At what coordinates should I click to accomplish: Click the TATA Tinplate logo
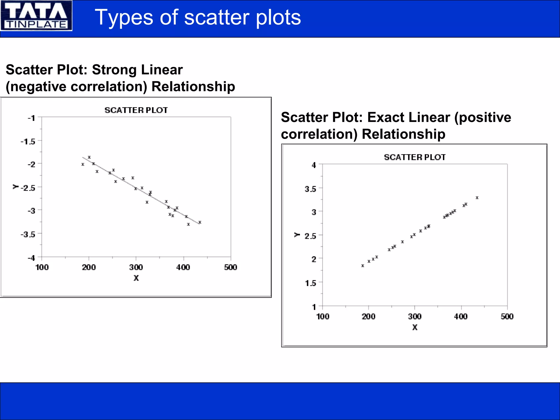coord(36,15)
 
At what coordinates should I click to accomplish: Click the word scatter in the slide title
coord(217,17)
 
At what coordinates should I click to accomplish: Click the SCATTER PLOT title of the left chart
coord(136,110)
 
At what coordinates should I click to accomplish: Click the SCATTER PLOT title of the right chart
coord(415,157)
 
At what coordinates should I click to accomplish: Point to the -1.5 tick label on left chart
coord(28,142)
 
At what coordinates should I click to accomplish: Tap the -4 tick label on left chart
coord(31,258)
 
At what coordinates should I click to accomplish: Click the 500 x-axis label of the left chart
coord(231,267)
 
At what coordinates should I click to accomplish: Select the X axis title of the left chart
coord(136,278)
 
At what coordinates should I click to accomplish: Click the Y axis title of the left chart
coord(15,187)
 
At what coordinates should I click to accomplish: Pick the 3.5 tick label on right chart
coord(310,189)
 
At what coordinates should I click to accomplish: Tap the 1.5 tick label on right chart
coord(311,283)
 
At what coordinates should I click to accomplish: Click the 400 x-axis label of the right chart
coord(461,317)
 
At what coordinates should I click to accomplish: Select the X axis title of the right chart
coord(415,327)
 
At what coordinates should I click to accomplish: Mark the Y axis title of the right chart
coord(297,235)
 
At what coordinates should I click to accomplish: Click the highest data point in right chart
coord(477,198)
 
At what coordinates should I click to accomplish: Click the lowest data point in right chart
coord(363,266)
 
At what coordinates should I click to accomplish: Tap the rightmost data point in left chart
coord(200,222)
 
